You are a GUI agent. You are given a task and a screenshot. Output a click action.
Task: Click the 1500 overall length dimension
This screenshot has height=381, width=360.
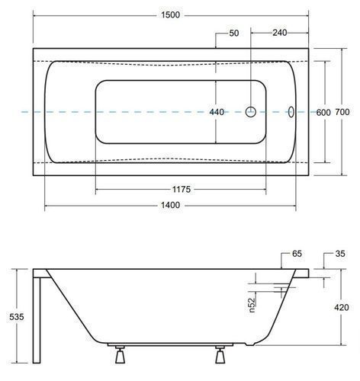coord(171,15)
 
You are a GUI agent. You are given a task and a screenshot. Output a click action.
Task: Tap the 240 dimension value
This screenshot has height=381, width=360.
coord(280,33)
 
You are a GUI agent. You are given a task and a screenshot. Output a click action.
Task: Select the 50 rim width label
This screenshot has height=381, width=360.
coord(234,33)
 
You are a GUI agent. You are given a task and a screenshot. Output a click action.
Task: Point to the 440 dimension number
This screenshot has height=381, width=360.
coord(217,112)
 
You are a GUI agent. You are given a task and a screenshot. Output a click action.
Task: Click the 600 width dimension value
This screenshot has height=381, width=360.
coord(323,112)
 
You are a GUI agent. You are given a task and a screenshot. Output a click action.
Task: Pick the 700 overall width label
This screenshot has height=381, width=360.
coord(342,112)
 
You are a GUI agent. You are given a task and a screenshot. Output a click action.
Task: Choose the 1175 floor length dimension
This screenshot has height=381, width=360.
coord(182,190)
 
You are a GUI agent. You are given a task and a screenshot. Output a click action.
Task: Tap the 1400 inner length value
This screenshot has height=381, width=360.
coord(170,205)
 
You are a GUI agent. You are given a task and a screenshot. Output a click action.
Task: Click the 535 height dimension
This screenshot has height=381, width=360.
coord(17,317)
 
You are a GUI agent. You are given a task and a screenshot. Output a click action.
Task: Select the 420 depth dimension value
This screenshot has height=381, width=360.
coord(342,308)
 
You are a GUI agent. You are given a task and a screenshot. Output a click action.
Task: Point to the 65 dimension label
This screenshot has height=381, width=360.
coord(297,254)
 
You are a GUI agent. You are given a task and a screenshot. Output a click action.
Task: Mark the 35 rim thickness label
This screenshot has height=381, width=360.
coord(340,254)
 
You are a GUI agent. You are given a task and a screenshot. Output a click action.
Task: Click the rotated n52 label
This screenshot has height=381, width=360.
coord(251,305)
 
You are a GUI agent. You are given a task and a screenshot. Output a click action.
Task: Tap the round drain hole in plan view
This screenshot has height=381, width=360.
coord(251,112)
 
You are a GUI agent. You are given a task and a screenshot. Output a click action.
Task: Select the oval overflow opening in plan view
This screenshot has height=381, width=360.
coord(291,112)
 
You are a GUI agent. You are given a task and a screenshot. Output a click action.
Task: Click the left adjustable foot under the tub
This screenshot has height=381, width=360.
coord(120,354)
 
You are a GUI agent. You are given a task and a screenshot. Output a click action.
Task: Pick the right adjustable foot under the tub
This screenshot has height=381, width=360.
coord(220,354)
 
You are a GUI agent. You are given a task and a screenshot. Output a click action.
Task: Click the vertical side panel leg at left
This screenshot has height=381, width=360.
coord(37,320)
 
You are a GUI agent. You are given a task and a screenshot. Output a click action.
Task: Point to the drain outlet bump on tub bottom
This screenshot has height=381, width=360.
coord(249,344)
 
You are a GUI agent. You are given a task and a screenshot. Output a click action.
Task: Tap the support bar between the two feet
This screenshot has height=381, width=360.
coord(170,344)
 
